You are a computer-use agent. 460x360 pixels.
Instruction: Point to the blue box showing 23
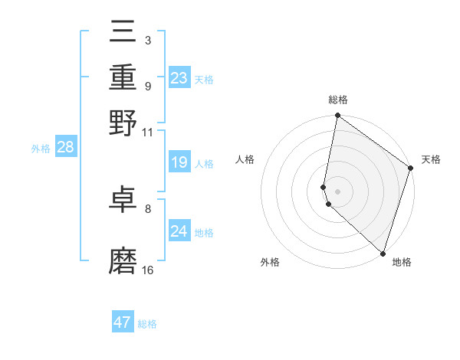[x=179, y=78]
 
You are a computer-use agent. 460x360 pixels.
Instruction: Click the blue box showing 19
[x=179, y=162]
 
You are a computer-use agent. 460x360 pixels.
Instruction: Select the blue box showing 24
[x=179, y=231]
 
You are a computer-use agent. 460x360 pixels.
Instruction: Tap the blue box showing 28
[x=65, y=148]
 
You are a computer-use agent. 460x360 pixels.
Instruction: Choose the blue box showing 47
[x=123, y=322]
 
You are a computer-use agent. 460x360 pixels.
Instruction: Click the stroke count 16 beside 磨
[x=148, y=270]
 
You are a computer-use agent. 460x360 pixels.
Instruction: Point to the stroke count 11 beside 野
[x=147, y=132]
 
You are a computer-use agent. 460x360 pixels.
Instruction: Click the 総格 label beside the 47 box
[x=147, y=324]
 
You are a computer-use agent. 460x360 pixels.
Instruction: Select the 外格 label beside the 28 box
[x=40, y=149]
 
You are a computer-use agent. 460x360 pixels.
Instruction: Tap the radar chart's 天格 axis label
[x=431, y=159]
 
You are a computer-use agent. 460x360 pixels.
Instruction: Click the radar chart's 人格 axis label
[x=245, y=159]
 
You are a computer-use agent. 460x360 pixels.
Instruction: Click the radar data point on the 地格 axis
[x=383, y=253]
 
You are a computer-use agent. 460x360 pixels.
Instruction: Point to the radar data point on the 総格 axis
[x=337, y=116]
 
